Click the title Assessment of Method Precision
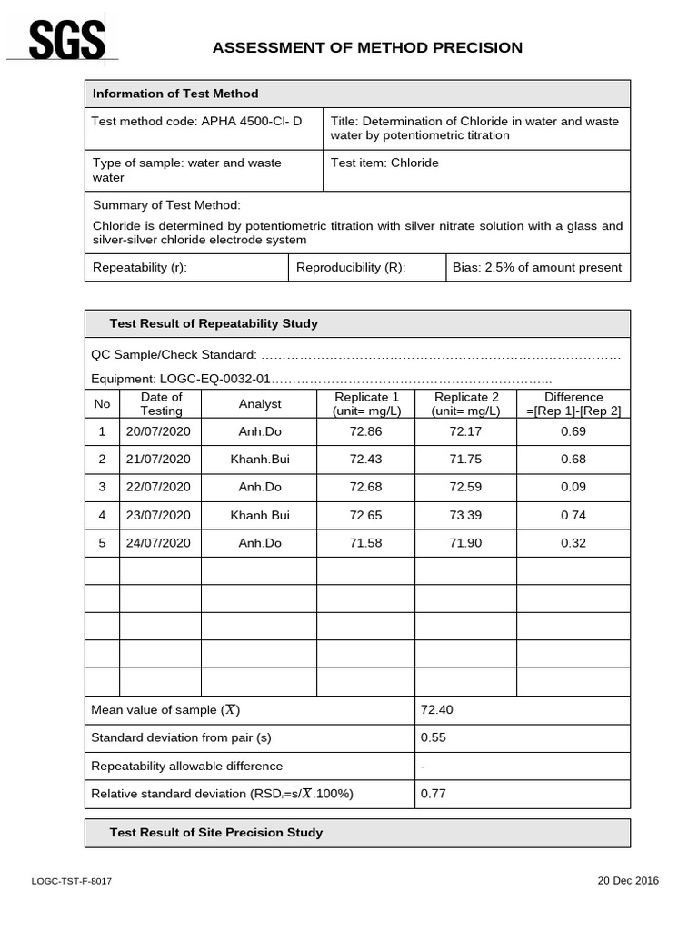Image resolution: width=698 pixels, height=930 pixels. [x=367, y=48]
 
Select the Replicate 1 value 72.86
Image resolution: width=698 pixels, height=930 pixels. [x=366, y=431]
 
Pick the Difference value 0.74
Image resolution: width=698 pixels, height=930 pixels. [x=573, y=516]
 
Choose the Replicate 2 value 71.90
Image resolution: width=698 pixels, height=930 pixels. [x=465, y=543]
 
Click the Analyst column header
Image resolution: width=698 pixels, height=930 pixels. [x=260, y=404]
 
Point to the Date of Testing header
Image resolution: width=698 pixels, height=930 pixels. [x=161, y=404]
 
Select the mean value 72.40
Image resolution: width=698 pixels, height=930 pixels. [x=435, y=709]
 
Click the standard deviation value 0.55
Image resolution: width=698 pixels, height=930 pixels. [x=434, y=737]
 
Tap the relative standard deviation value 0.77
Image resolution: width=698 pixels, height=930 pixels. [x=434, y=794]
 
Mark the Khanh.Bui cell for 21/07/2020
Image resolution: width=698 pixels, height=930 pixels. [x=260, y=460]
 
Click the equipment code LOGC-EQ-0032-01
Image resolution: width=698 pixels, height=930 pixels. [x=214, y=380]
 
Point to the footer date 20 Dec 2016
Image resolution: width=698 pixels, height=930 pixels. [x=628, y=881]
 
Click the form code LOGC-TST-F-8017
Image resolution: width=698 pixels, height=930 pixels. [x=72, y=882]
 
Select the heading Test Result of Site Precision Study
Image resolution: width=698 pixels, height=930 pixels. [x=216, y=833]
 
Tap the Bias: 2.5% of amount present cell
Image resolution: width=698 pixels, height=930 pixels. [x=537, y=268]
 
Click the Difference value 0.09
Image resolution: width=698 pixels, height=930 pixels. [x=573, y=488]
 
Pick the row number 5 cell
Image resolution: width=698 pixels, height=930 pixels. [x=102, y=543]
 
